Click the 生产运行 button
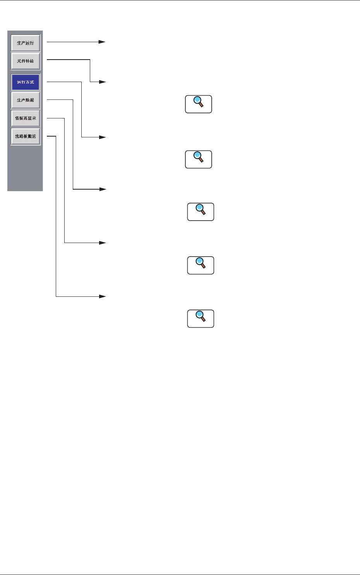tap(26, 43)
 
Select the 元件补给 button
tap(26, 61)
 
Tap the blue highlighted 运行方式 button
tap(26, 82)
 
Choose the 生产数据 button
tap(26, 100)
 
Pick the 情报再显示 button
tap(26, 118)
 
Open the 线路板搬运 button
tap(26, 136)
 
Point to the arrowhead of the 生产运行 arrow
tap(102, 42)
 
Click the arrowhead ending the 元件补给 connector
tap(102, 82)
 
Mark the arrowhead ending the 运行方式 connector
tap(102, 137)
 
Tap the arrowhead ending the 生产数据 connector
tap(102, 189)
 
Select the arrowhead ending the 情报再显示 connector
tap(102, 243)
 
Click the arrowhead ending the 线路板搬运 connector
tap(102, 296)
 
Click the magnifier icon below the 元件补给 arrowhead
tap(199, 104)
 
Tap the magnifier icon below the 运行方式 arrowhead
tap(199, 159)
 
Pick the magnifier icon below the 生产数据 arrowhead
tap(201, 212)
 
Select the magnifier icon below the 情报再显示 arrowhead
tap(201, 265)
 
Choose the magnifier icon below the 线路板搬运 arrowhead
tap(201, 318)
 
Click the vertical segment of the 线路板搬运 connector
tap(56, 217)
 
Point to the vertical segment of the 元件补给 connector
tap(90, 71)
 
